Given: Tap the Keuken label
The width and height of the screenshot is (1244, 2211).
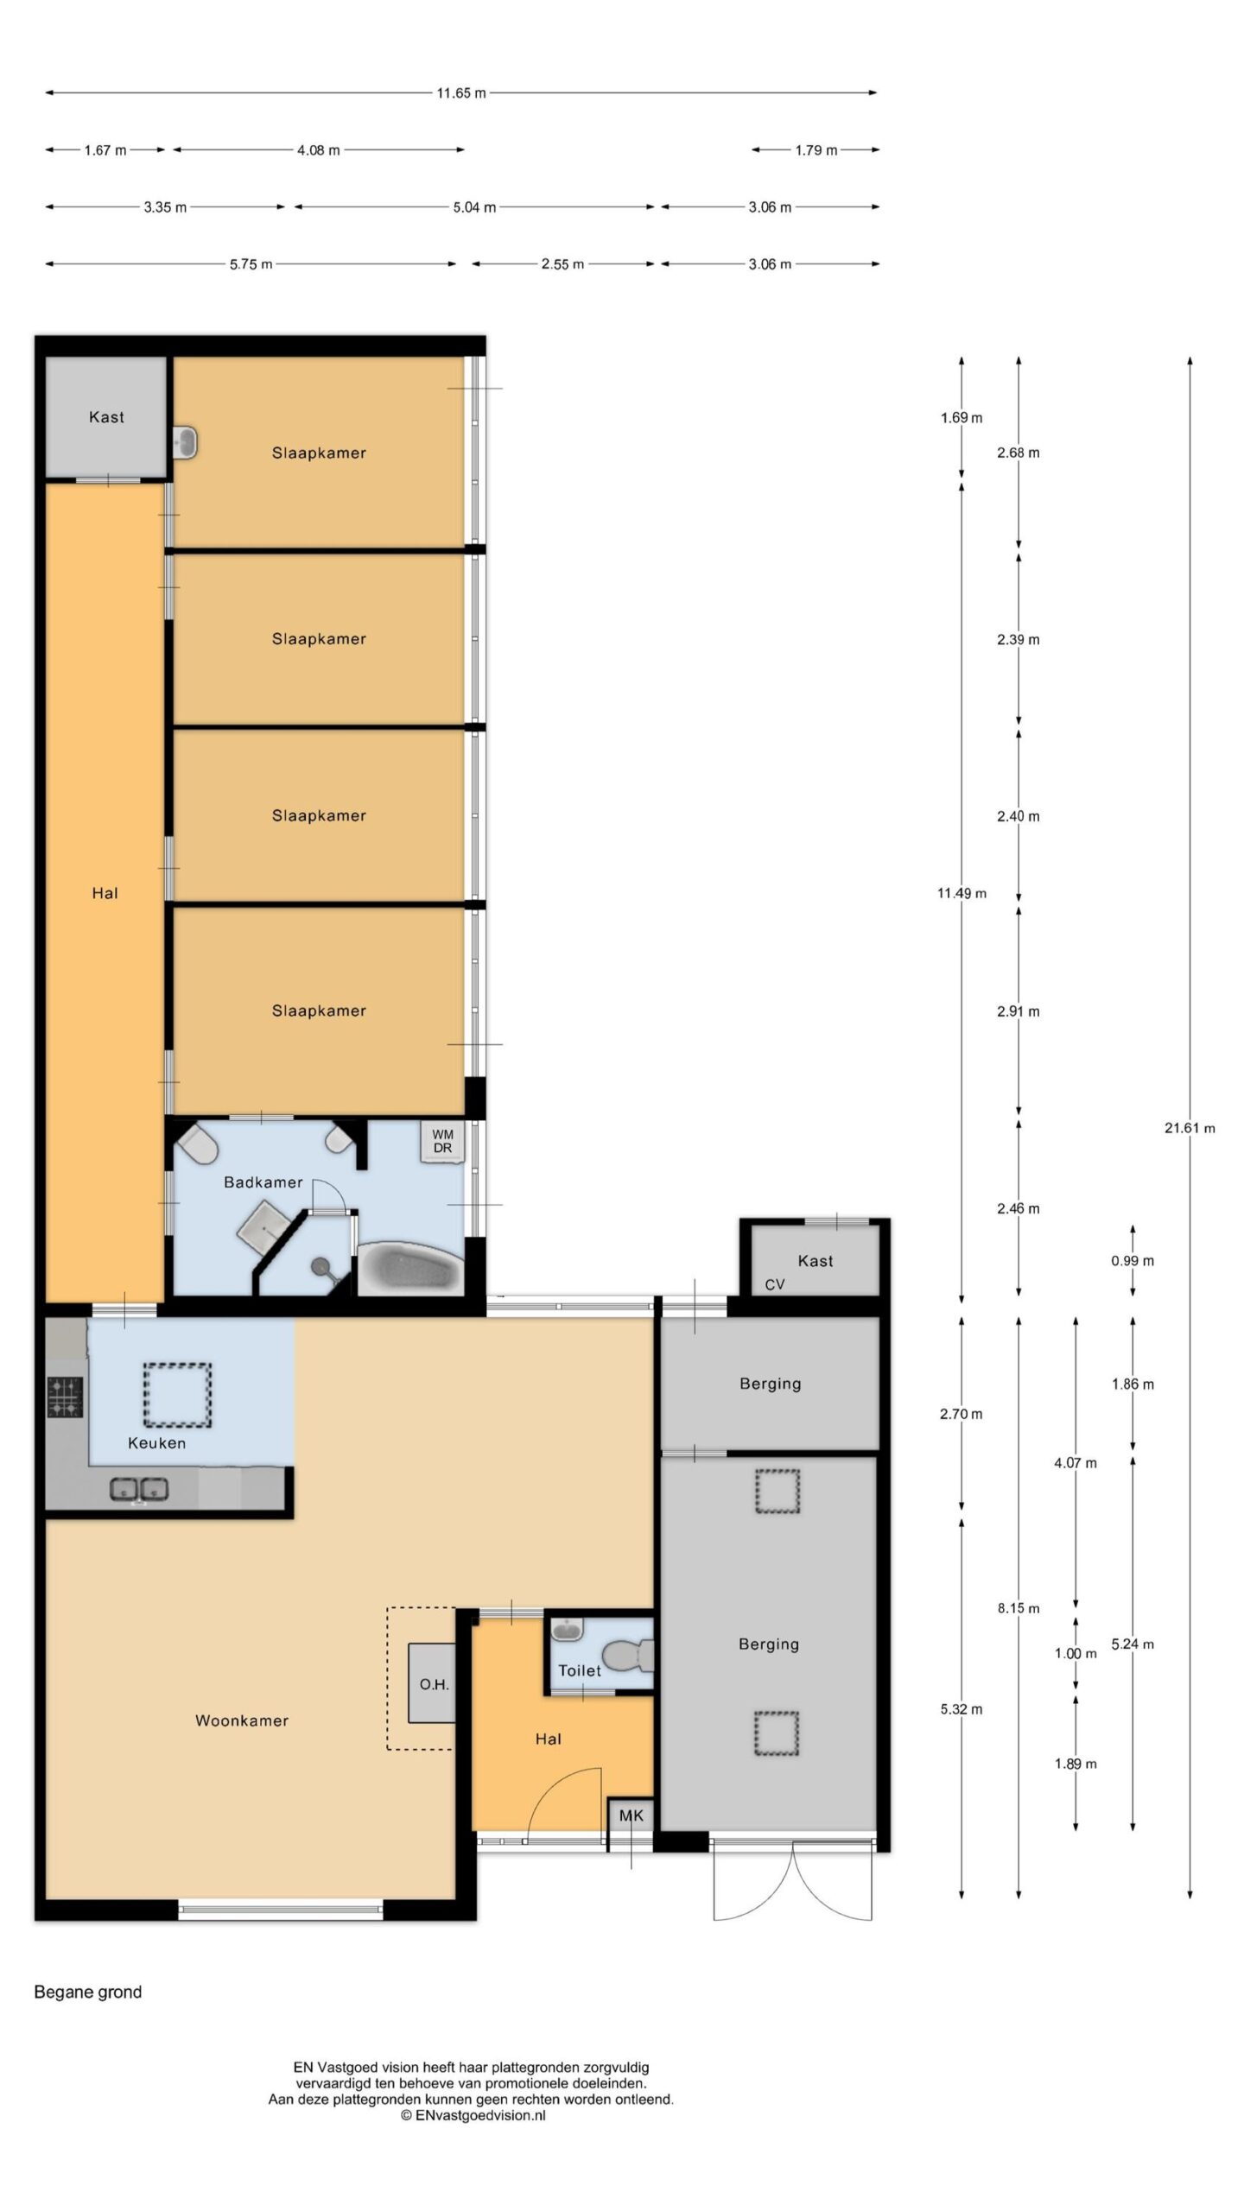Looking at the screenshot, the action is [x=156, y=1442].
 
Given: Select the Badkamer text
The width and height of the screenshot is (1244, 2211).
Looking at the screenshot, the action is [x=263, y=1182].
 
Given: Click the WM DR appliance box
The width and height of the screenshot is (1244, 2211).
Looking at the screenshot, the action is [x=442, y=1141].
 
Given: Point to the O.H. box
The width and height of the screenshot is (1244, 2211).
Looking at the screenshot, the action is [x=432, y=1684].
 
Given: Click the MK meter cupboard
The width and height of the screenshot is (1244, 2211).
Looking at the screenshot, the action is [x=632, y=1815].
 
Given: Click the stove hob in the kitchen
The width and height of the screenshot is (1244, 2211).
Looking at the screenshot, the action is [x=65, y=1397].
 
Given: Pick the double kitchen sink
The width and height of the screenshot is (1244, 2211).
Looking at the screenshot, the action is [x=138, y=1488].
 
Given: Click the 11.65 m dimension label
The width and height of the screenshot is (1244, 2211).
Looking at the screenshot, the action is [x=460, y=92].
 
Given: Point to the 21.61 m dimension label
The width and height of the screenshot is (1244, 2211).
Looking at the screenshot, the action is [x=1190, y=1127].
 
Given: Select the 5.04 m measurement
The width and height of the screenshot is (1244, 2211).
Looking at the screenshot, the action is [x=474, y=207].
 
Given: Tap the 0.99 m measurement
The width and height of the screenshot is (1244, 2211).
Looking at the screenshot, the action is [x=1133, y=1261].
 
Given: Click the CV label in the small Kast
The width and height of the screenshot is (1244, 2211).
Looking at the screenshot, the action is [x=775, y=1284].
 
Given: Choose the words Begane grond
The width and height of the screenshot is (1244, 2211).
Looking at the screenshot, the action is [x=88, y=1992].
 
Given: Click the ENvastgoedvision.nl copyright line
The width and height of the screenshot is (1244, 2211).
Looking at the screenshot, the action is [x=473, y=2115].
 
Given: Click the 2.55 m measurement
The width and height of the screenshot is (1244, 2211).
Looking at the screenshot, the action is [x=562, y=264].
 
